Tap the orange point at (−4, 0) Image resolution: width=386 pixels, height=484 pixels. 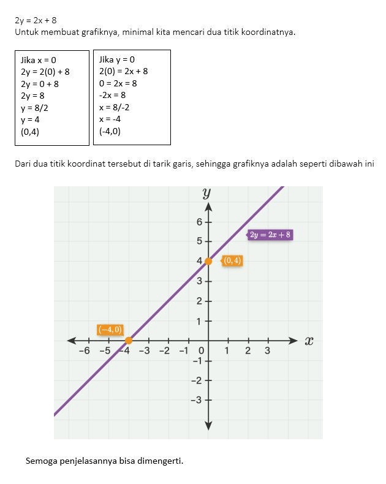point(129,341)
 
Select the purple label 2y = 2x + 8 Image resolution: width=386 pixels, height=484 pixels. point(270,235)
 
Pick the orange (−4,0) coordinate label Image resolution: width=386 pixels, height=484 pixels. point(110,330)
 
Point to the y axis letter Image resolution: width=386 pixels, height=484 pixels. point(206,193)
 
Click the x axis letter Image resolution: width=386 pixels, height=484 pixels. point(309,341)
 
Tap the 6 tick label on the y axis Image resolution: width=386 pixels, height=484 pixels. point(200,222)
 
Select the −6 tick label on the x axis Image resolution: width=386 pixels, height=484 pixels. point(85,351)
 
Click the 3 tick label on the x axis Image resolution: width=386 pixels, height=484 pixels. point(267,351)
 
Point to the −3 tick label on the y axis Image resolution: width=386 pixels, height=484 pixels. point(197,401)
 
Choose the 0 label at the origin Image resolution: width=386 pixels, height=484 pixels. point(201,351)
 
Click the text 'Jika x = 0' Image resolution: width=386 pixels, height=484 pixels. point(39,60)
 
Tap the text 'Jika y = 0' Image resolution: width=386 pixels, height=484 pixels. point(117,60)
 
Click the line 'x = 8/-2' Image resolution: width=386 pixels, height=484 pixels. point(114,108)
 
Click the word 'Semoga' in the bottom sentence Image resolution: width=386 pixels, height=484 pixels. point(42,461)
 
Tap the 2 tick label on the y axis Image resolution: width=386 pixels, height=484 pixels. point(200,301)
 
